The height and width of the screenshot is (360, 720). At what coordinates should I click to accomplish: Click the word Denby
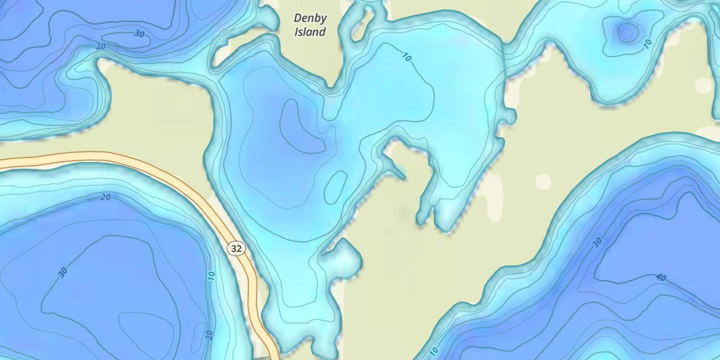310,19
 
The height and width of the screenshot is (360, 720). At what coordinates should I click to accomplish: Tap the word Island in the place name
310,32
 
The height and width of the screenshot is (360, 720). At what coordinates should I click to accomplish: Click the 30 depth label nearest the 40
597,242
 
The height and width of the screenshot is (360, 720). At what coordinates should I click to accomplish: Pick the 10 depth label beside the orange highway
211,276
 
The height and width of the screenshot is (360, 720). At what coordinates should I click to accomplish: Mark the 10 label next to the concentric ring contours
648,44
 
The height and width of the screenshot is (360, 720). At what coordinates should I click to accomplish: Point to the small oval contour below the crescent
336,186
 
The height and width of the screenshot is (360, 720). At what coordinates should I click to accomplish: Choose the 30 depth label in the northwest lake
139,34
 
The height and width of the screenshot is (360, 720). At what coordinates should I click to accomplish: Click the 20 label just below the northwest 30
101,46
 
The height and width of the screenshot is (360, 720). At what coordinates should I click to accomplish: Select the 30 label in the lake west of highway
63,272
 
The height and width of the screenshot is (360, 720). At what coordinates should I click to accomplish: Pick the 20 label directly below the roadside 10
209,335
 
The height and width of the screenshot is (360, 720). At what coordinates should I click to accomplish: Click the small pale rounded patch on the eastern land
543,181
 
